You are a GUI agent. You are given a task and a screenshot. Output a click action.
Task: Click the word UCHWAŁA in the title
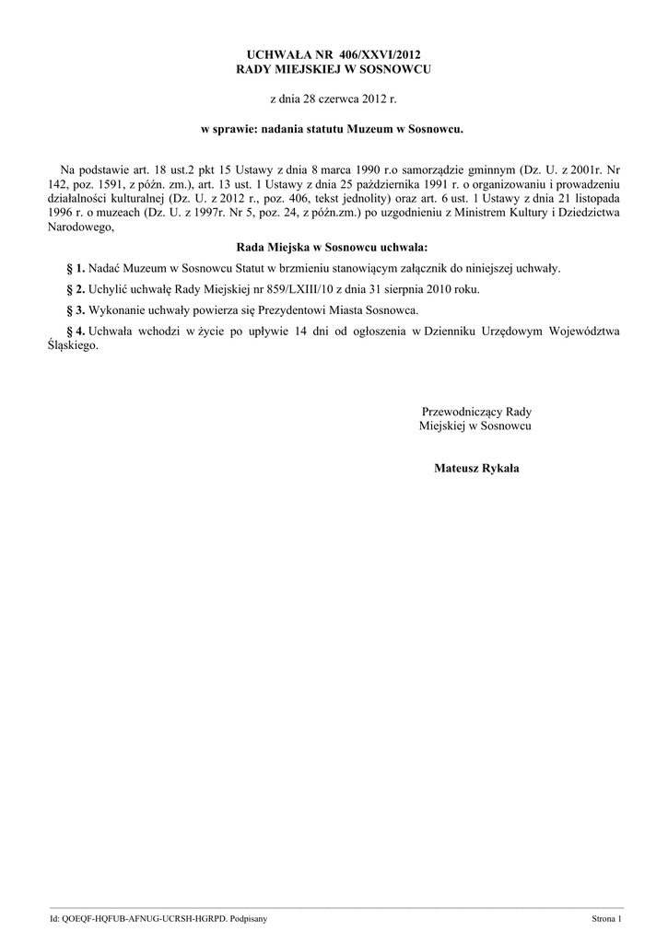(269, 56)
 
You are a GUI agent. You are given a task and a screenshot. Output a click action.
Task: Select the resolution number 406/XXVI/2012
(373, 56)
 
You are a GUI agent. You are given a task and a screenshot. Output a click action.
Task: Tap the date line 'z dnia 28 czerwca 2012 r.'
(333, 97)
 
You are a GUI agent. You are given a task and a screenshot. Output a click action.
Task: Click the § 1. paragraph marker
(76, 268)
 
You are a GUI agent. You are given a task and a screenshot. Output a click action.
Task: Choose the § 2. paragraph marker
(76, 289)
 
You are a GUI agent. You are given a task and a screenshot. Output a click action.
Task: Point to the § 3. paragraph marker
(76, 309)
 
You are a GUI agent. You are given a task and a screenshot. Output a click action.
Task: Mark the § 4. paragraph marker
(76, 330)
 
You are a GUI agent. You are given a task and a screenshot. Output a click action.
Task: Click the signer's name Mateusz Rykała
(475, 469)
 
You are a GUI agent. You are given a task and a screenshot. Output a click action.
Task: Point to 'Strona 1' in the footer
(606, 919)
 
